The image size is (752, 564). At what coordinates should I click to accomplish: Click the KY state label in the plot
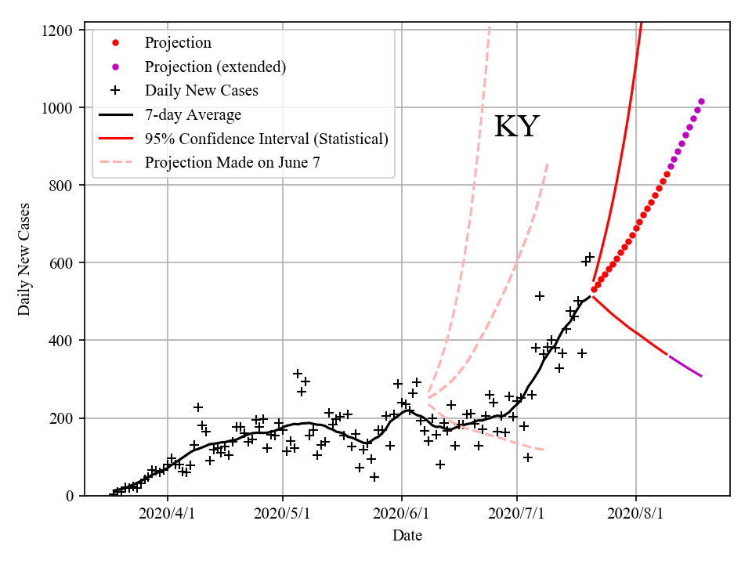click(516, 127)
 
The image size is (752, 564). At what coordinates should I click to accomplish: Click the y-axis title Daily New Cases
click(24, 259)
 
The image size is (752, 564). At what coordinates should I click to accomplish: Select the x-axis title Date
click(407, 536)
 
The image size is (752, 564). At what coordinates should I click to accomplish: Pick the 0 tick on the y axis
click(69, 496)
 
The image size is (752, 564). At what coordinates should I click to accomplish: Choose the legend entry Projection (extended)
click(215, 67)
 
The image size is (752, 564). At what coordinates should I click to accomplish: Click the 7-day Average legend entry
click(193, 115)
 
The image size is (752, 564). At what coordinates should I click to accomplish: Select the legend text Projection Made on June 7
click(233, 163)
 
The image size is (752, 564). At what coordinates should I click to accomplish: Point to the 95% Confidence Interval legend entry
click(266, 139)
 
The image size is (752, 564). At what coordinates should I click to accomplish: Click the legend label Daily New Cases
click(201, 91)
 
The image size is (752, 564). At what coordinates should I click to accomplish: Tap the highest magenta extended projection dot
click(701, 101)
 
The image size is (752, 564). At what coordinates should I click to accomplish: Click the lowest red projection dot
click(594, 290)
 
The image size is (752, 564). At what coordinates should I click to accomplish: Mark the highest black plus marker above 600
click(590, 257)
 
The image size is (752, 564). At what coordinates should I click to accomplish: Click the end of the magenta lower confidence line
click(702, 377)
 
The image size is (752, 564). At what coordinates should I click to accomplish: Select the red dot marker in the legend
click(115, 42)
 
